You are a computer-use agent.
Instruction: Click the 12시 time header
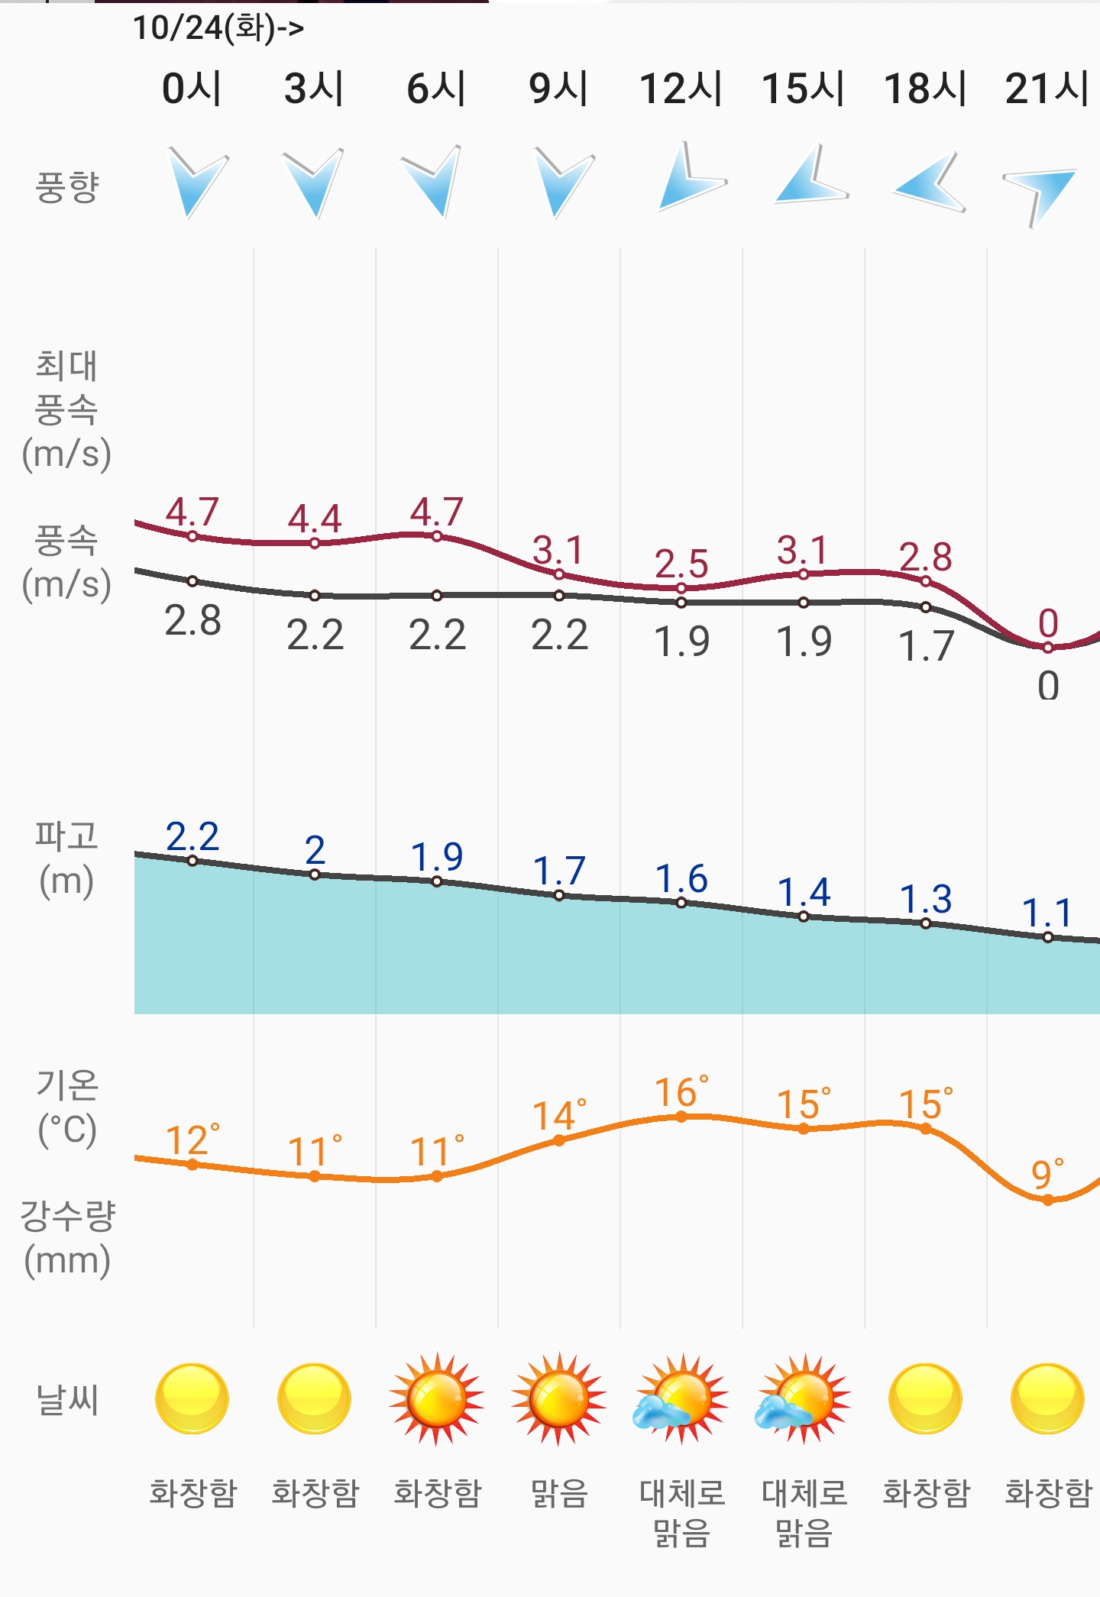(x=681, y=88)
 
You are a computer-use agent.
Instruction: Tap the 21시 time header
(x=1047, y=88)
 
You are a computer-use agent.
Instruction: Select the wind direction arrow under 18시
(x=929, y=183)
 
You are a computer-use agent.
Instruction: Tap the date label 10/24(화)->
(x=218, y=28)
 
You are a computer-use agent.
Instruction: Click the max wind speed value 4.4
(x=314, y=519)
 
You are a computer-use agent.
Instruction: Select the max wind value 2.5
(x=681, y=564)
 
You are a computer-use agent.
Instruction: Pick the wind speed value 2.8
(x=192, y=621)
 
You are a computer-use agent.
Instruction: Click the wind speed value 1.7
(x=925, y=647)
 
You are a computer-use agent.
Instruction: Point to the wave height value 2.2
(x=192, y=837)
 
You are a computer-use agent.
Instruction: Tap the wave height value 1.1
(x=1047, y=913)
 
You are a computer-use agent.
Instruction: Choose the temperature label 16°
(x=681, y=1092)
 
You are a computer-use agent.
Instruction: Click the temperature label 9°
(x=1047, y=1174)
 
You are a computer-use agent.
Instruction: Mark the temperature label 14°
(x=559, y=1116)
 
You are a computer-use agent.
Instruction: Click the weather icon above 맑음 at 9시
(x=559, y=1399)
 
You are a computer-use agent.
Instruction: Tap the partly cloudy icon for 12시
(x=681, y=1399)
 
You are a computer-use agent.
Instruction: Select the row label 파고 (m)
(x=66, y=858)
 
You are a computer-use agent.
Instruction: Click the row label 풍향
(x=67, y=187)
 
